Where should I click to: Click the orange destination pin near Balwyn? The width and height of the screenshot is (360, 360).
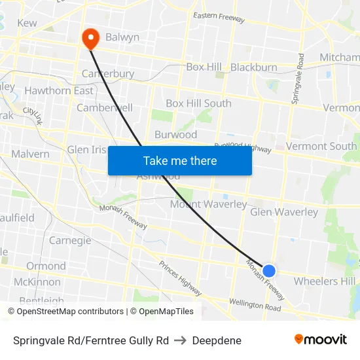tap(90, 39)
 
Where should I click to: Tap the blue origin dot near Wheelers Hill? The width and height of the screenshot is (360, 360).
tap(268, 270)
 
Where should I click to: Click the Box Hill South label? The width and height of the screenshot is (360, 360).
tap(198, 103)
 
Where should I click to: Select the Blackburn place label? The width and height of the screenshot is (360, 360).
tap(253, 67)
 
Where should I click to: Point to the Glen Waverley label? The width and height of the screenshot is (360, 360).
tap(284, 211)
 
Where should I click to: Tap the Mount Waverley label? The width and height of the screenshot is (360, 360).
tap(208, 204)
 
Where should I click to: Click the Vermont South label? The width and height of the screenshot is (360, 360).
tap(321, 146)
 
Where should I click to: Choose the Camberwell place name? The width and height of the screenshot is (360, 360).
tap(105, 107)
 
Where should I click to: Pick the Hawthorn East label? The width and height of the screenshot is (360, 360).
tap(58, 91)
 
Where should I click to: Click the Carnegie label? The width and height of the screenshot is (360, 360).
tap(70, 240)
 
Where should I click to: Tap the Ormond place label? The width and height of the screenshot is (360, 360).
tap(46, 266)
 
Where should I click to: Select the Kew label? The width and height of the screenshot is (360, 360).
tap(27, 23)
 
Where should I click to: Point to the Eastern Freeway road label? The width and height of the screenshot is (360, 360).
tap(219, 18)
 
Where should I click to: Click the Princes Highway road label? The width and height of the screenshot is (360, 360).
tap(180, 278)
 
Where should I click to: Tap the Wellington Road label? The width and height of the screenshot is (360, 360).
tap(255, 304)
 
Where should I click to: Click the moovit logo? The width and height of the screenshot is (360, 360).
tap(320, 339)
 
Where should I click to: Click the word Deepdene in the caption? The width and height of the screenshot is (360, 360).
tap(217, 340)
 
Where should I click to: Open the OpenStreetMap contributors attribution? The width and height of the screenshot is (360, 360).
tap(70, 312)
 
